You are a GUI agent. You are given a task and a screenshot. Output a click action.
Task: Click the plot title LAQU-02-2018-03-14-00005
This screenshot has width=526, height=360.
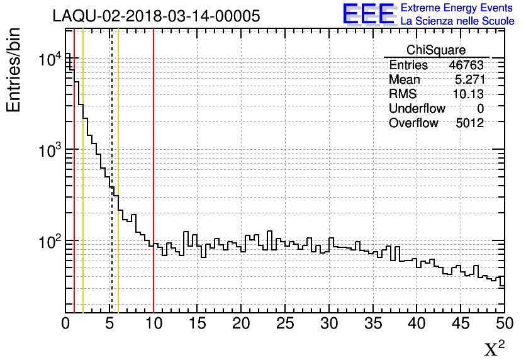click(x=157, y=16)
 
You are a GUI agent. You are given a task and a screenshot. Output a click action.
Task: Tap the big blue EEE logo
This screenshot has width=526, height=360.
click(x=368, y=14)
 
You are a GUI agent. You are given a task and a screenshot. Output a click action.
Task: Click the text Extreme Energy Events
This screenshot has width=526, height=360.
click(x=457, y=8)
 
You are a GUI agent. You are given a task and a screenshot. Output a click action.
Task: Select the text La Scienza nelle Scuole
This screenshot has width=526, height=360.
click(x=457, y=21)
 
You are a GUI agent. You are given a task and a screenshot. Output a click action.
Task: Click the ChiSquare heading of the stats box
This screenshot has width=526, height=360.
click(x=436, y=50)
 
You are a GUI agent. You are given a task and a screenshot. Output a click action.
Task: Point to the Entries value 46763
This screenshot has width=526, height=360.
click(x=466, y=65)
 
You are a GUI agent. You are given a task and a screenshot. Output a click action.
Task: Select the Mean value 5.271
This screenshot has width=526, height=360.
click(x=469, y=80)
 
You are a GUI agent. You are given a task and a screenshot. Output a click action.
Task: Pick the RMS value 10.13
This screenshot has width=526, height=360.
click(x=467, y=94)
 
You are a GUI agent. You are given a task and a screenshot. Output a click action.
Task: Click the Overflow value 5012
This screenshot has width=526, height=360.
click(x=469, y=123)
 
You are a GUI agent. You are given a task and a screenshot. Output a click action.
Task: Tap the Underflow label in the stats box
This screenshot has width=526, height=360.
click(x=417, y=109)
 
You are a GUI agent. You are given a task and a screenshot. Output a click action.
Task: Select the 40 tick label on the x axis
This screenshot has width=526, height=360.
click(x=417, y=323)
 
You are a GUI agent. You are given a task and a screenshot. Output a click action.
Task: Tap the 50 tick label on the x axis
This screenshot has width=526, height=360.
click(x=503, y=323)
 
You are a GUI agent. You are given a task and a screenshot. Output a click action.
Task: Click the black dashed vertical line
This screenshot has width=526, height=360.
click(x=111, y=252)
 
